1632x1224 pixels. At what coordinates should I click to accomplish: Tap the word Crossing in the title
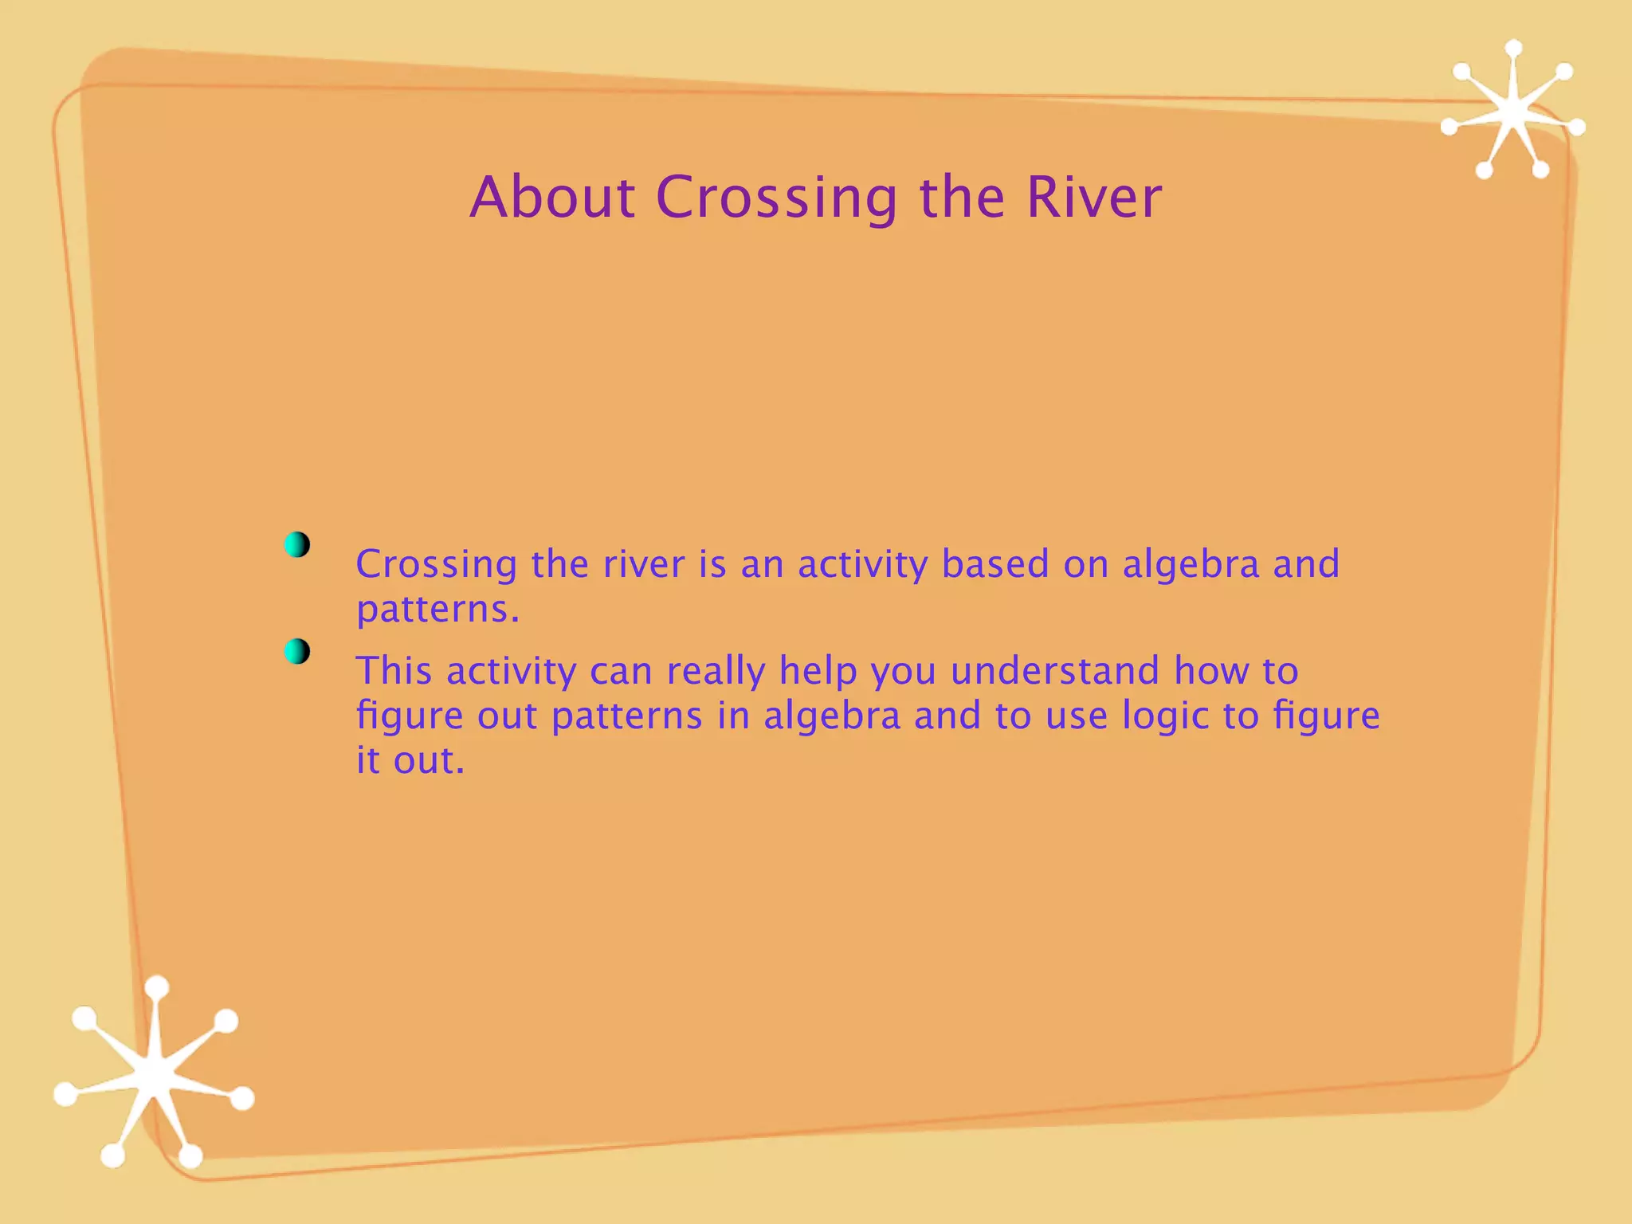coord(776,199)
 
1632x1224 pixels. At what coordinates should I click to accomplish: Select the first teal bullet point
coord(296,545)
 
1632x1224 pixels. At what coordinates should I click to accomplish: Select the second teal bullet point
coord(296,652)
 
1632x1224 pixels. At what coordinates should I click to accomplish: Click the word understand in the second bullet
coord(1054,671)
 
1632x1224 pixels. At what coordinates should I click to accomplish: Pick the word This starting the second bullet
coord(394,671)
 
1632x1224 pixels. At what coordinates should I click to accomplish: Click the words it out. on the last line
coord(410,760)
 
